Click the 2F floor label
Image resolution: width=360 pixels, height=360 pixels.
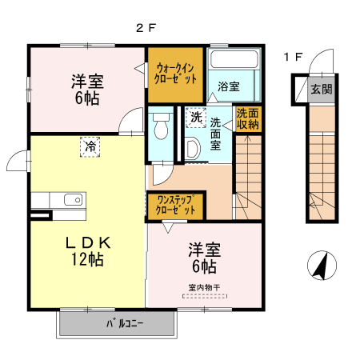(145, 27)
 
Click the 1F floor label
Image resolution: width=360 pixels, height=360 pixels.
(293, 57)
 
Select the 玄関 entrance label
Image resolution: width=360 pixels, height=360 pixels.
(322, 89)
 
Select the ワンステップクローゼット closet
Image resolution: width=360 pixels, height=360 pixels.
(176, 205)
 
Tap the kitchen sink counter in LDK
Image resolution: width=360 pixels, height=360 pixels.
(56, 200)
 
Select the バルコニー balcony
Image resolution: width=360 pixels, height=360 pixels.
(118, 324)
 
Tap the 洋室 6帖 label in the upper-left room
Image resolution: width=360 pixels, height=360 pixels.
(86, 88)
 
